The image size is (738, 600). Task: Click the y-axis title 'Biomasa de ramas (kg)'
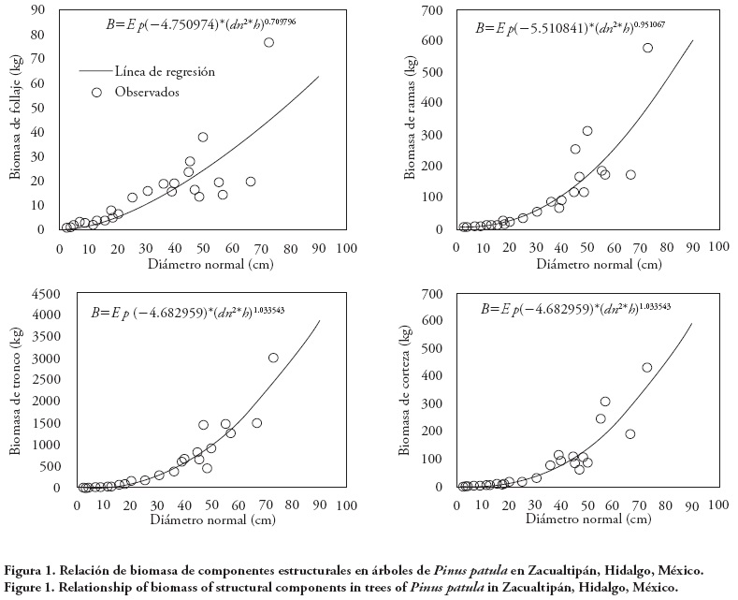tap(410, 120)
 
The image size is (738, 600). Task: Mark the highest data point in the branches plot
tap(647, 48)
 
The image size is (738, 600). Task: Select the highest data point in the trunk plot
tap(273, 358)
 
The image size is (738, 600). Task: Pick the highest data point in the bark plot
tap(647, 367)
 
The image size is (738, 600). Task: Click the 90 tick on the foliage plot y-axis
tap(40, 10)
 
